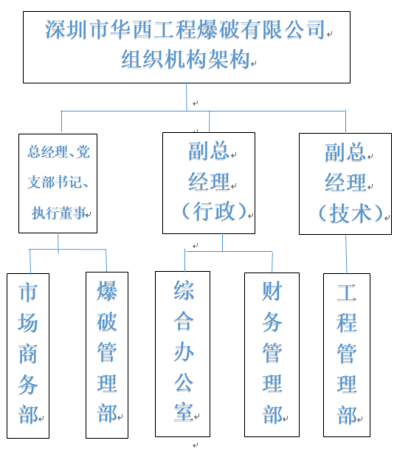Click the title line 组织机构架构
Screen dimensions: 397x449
(185, 59)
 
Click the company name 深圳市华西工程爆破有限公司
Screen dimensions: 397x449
(185, 30)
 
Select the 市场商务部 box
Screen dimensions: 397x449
(28, 356)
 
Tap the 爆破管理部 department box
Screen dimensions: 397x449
(107, 355)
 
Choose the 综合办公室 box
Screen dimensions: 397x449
(182, 354)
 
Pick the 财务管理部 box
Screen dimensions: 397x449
(272, 354)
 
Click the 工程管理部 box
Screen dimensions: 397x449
(347, 355)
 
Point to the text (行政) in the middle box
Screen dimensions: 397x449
(214, 211)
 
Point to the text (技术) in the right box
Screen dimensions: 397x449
(351, 213)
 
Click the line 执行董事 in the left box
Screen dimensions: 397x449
(59, 213)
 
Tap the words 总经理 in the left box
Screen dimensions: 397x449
(47, 151)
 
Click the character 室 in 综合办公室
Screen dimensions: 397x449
(184, 413)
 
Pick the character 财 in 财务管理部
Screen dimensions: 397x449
(272, 291)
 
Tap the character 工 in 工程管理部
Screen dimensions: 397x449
(347, 292)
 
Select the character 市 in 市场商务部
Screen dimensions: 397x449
(28, 292)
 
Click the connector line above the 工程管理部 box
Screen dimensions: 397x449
(346, 254)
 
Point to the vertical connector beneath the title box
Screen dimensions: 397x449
(187, 97)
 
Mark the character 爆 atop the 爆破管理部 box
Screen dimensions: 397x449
(107, 291)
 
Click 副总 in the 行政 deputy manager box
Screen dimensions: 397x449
(209, 151)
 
